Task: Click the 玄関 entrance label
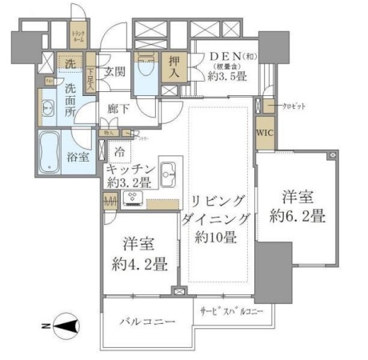tap(113, 72)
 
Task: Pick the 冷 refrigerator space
tap(118, 151)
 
